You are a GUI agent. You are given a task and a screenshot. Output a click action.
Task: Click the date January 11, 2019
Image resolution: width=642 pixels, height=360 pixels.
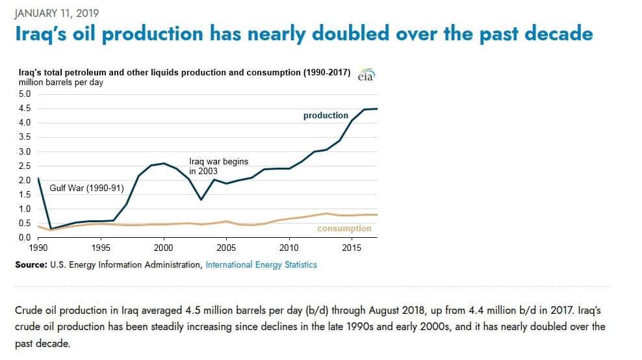tap(57, 12)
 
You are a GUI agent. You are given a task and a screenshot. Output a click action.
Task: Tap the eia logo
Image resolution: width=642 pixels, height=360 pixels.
tap(366, 75)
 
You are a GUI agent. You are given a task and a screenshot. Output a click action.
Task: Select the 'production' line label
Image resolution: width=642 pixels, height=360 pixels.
tap(326, 115)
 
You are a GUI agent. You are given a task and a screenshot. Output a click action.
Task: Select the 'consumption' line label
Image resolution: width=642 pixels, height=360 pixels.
tap(344, 228)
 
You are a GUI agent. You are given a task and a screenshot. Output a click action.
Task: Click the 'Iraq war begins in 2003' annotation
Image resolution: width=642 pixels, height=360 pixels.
tap(218, 166)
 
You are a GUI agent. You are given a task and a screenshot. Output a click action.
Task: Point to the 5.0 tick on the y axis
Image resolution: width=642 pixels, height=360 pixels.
tap(24, 94)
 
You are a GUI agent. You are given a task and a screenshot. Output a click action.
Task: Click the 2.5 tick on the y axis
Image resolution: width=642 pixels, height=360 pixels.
tap(24, 166)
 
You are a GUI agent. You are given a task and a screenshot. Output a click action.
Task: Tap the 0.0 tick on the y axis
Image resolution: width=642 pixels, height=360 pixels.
tap(24, 238)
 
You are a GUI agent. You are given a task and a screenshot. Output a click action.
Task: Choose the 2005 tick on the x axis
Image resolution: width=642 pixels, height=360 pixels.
tap(226, 248)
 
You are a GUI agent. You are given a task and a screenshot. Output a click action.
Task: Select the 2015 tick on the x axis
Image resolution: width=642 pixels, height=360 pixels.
tap(352, 248)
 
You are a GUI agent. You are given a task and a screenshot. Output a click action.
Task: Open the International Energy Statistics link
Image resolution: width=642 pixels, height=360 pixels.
tap(261, 264)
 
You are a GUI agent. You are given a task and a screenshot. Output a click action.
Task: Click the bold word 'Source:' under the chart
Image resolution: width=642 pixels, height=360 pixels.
tap(31, 264)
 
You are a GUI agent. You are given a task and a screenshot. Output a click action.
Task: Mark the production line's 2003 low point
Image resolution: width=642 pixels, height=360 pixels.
tap(201, 199)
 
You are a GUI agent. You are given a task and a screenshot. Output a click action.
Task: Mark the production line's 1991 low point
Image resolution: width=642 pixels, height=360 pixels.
tap(50, 229)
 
